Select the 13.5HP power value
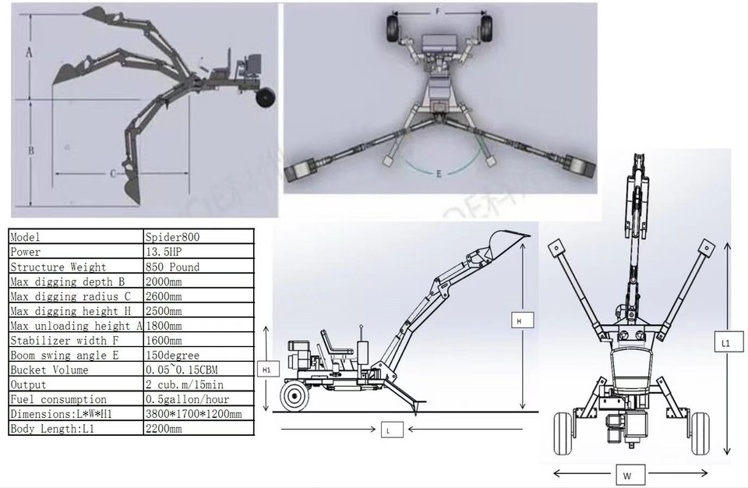[x=161, y=252]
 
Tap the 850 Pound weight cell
[x=172, y=267]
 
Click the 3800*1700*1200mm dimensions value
[x=193, y=414]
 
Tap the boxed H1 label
[x=266, y=369]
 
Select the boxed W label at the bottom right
[x=627, y=475]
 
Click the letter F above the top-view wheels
[x=438, y=12]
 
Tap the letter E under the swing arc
[x=439, y=175]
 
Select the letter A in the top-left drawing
[x=28, y=53]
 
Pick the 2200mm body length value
[x=164, y=429]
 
